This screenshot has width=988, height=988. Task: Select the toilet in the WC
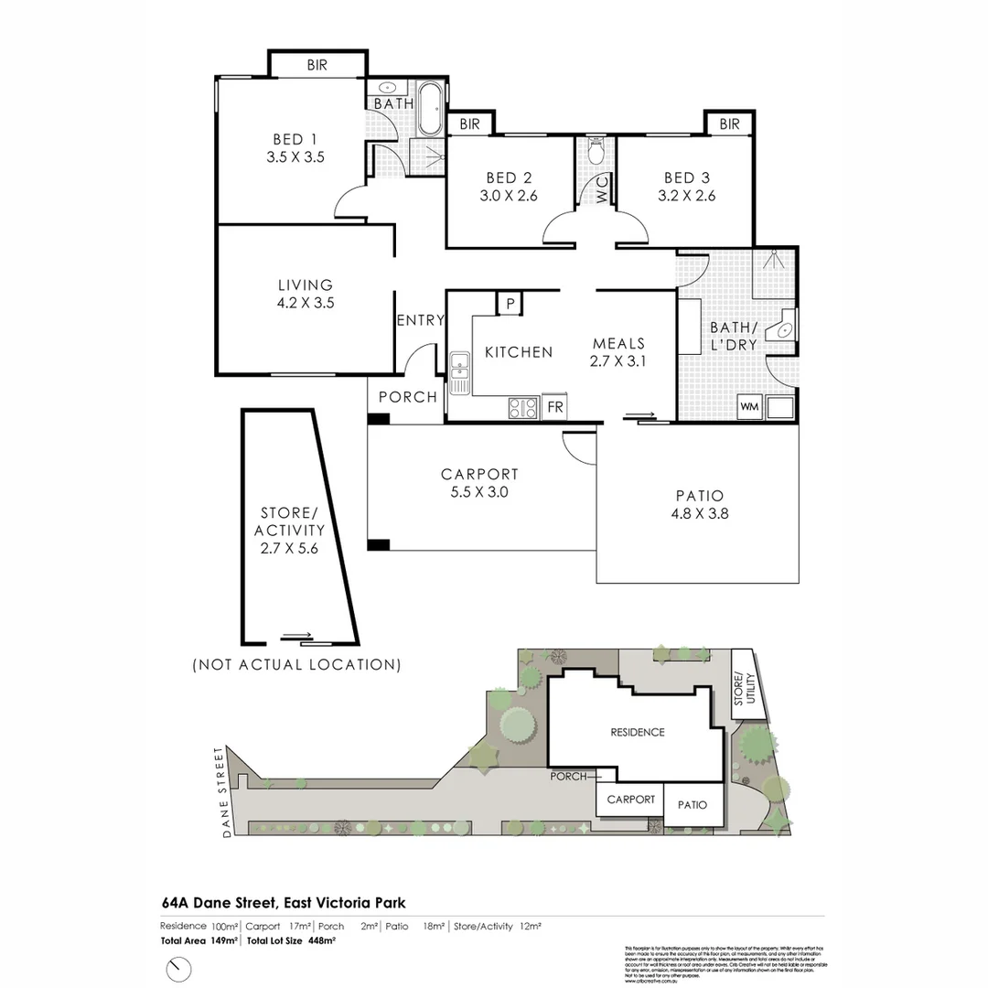click(596, 151)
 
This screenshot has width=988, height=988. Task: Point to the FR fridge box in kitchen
click(555, 408)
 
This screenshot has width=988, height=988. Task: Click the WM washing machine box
click(750, 406)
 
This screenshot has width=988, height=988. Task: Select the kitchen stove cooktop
click(524, 407)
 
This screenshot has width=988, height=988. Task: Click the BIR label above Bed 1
click(317, 65)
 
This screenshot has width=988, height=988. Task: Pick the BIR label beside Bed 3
click(729, 123)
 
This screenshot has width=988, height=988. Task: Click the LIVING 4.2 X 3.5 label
click(306, 294)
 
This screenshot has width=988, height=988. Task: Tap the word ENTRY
click(420, 320)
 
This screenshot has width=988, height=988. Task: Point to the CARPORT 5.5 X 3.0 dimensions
click(479, 492)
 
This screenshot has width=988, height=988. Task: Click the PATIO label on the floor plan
click(699, 496)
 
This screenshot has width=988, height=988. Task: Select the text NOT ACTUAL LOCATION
click(296, 664)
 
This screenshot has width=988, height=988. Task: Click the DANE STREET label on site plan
click(220, 792)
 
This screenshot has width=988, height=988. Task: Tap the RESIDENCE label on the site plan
click(638, 732)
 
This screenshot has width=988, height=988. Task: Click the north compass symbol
click(179, 968)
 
